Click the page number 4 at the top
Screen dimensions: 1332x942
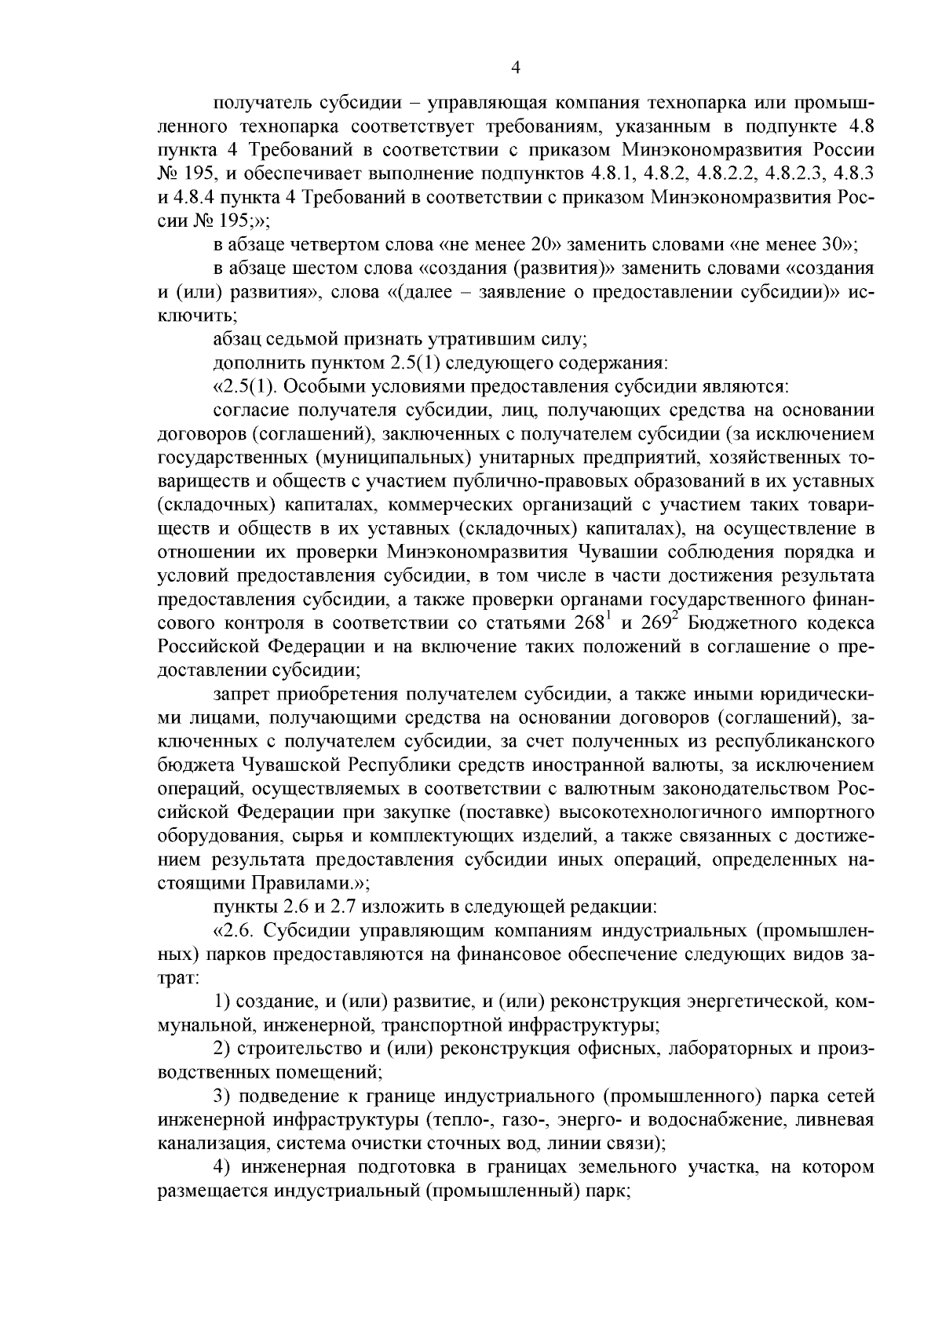pos(515,69)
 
